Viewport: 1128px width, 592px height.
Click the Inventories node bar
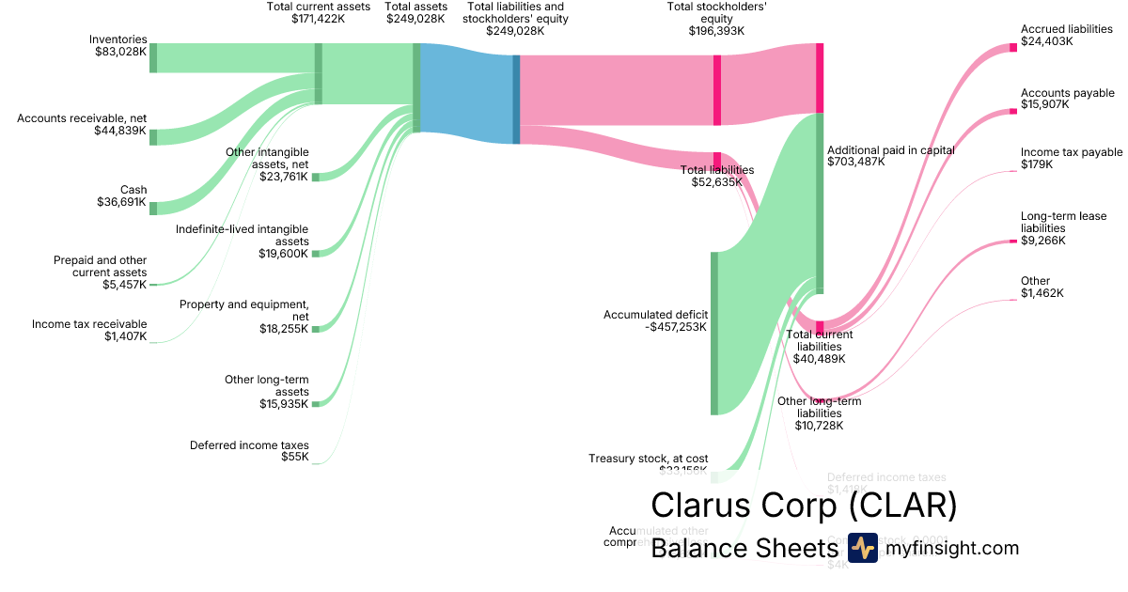tap(153, 57)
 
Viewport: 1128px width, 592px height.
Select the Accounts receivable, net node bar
tap(153, 137)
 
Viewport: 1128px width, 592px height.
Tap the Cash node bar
tap(153, 208)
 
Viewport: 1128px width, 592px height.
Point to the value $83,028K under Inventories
tap(120, 52)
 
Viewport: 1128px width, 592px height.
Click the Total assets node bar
tap(416, 88)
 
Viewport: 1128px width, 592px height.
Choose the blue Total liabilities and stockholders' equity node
tap(516, 100)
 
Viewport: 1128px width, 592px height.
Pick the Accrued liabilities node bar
tap(1012, 47)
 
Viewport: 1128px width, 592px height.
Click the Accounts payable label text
tap(1067, 93)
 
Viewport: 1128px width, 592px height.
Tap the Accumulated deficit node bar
tap(714, 333)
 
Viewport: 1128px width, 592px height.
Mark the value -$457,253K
tap(676, 327)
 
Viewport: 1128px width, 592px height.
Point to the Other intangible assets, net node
tap(316, 177)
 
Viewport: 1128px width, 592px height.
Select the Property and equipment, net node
tap(316, 329)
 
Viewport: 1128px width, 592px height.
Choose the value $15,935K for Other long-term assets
tap(284, 404)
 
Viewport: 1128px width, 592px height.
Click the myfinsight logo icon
tap(862, 548)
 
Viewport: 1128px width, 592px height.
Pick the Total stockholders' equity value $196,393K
tap(716, 30)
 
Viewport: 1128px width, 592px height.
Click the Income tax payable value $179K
tap(1037, 164)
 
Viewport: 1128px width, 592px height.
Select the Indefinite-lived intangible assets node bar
tap(316, 253)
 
